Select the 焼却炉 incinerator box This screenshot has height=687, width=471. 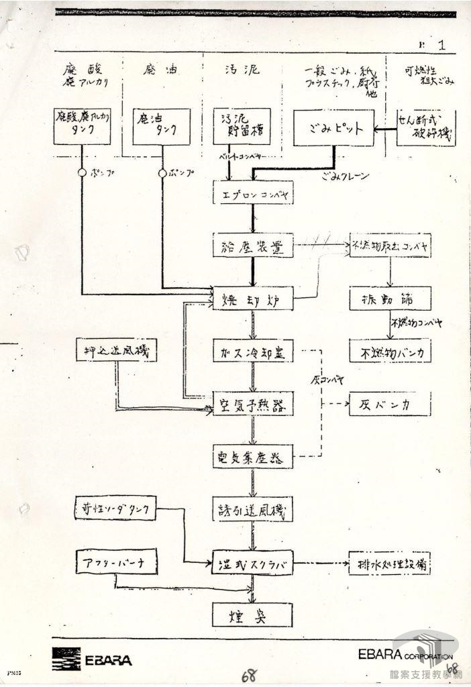253,298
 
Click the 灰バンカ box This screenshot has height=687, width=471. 389,406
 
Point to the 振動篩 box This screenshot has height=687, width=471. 389,298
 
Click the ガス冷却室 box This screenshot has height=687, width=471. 253,351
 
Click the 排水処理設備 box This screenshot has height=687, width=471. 389,566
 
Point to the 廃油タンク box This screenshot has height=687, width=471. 161,126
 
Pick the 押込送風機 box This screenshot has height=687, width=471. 116,350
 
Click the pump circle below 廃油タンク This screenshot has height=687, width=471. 162,172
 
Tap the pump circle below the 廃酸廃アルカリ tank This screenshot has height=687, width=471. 82,172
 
